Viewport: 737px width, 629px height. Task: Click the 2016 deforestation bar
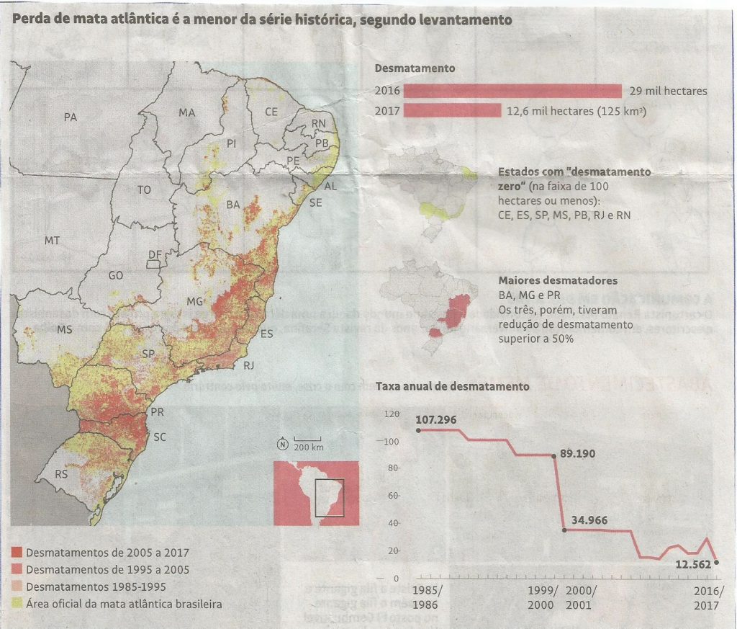[512, 91]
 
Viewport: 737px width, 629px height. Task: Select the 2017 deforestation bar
[452, 111]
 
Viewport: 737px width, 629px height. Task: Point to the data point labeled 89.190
[553, 455]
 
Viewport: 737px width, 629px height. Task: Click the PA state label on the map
[71, 117]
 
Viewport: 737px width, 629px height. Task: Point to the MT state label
[52, 241]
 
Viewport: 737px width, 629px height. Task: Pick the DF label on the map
[155, 255]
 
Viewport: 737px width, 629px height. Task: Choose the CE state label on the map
[271, 112]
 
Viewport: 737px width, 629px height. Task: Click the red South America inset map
[316, 489]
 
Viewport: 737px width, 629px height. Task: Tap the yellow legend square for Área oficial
[17, 603]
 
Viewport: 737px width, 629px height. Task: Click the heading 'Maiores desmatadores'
[557, 280]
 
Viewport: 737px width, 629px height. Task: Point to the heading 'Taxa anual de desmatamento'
[452, 386]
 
